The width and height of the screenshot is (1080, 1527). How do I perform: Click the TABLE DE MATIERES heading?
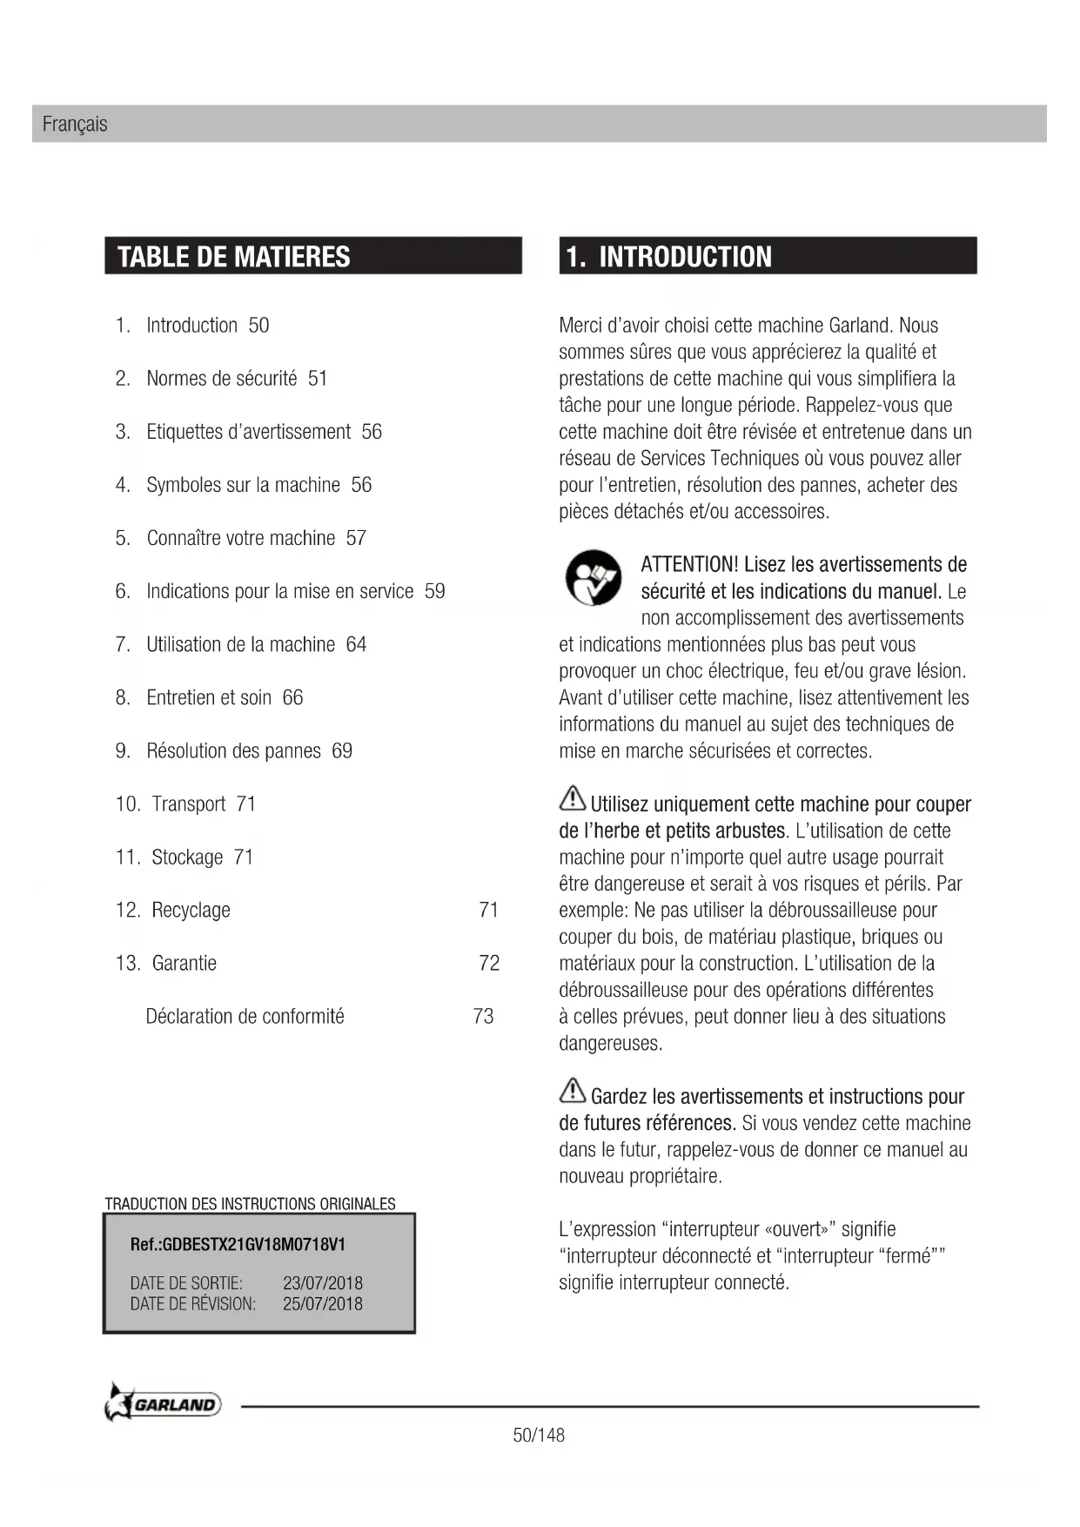point(233,257)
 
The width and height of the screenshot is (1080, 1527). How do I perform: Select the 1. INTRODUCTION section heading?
point(668,257)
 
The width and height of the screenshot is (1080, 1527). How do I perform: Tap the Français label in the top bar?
point(75,124)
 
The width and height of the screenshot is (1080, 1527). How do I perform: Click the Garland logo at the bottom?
point(164,1403)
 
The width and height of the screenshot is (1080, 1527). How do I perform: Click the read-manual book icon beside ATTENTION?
point(594,578)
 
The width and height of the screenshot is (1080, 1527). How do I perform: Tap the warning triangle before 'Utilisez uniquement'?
point(572,798)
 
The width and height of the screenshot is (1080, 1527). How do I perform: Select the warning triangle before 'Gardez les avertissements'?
point(572,1091)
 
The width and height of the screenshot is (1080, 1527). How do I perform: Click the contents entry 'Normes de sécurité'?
point(221,379)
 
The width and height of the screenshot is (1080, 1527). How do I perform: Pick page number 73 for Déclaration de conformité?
point(483,1017)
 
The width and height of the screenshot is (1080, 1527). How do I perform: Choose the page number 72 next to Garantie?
point(489,964)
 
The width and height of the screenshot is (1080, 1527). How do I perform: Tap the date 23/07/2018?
point(322,1283)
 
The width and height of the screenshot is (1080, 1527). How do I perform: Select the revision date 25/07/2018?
point(322,1304)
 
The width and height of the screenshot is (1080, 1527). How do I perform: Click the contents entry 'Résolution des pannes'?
point(233,751)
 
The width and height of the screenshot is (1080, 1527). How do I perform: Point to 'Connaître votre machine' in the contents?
point(240,539)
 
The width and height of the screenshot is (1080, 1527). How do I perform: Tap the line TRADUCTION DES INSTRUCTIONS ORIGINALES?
point(250,1204)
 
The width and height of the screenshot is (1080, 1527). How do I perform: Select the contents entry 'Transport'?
point(188,804)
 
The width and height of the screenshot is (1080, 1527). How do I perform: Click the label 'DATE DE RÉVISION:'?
point(193,1304)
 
